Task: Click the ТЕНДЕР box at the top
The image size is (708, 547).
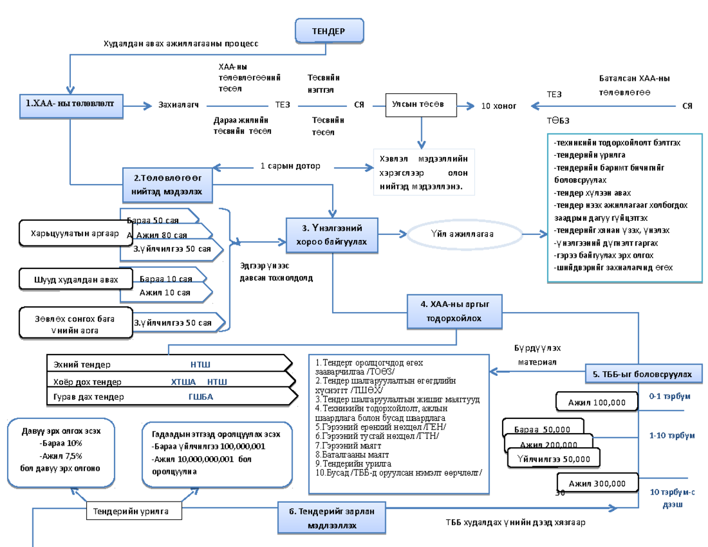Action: [329, 31]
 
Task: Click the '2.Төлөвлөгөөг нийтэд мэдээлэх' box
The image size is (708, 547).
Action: [168, 184]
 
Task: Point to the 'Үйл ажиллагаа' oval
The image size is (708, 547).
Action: [462, 234]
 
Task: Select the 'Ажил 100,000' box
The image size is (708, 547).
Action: [596, 402]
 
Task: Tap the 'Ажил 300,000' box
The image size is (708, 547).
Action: [596, 483]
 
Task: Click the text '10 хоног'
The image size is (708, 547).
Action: [499, 106]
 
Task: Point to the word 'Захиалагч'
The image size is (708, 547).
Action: [178, 105]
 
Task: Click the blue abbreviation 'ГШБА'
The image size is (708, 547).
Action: [200, 397]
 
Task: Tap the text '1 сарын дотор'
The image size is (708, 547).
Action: [290, 166]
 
